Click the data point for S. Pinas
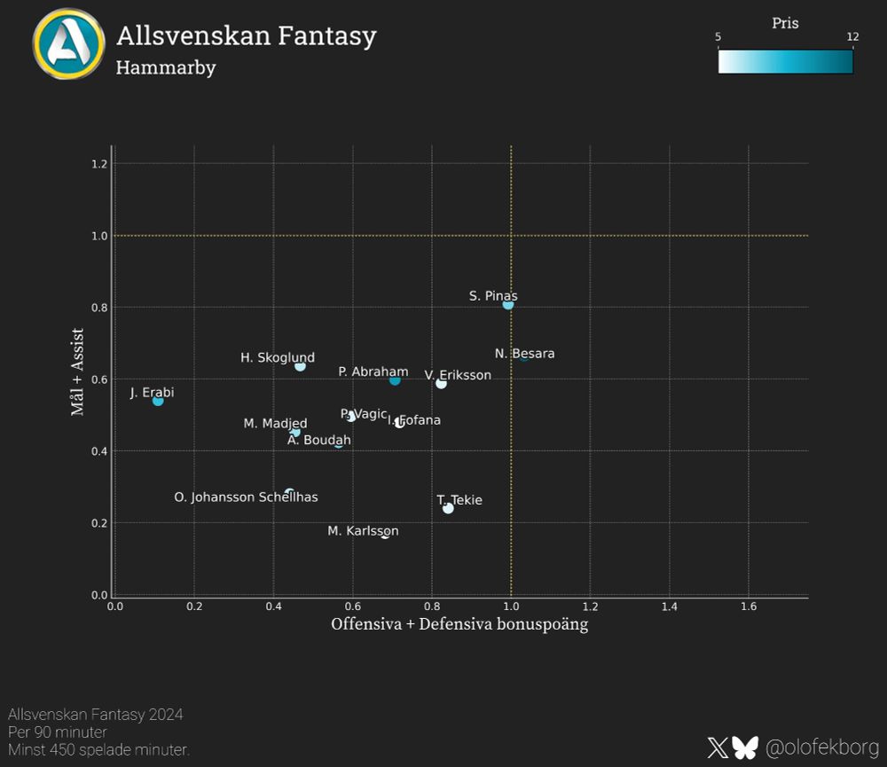[507, 304]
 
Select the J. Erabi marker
[158, 401]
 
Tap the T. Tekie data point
[448, 508]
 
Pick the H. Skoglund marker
[300, 366]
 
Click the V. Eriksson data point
[441, 383]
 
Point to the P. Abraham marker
[395, 380]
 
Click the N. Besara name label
[525, 354]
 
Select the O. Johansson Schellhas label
[246, 497]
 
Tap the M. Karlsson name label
[363, 531]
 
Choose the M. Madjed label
[275, 424]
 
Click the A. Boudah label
[319, 440]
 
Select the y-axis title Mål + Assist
[77, 372]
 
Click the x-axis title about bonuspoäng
[459, 624]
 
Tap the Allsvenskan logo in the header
[68, 44]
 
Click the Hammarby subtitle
[166, 67]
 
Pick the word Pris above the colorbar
[785, 24]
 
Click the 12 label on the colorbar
[852, 37]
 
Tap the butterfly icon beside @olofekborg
[745, 747]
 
